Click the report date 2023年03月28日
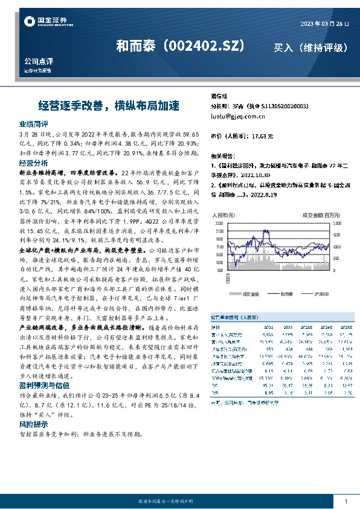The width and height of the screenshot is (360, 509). coord(324,24)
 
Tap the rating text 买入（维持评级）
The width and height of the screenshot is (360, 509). coord(310,47)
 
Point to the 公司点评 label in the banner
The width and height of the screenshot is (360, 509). coord(39,62)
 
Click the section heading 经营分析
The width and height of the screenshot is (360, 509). coord(34,163)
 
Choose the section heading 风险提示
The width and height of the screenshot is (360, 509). coord(34,407)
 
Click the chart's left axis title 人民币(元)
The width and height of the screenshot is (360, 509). coord(223,215)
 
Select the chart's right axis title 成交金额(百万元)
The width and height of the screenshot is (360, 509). coord(323,215)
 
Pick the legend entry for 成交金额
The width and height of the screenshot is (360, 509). coord(250,294)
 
